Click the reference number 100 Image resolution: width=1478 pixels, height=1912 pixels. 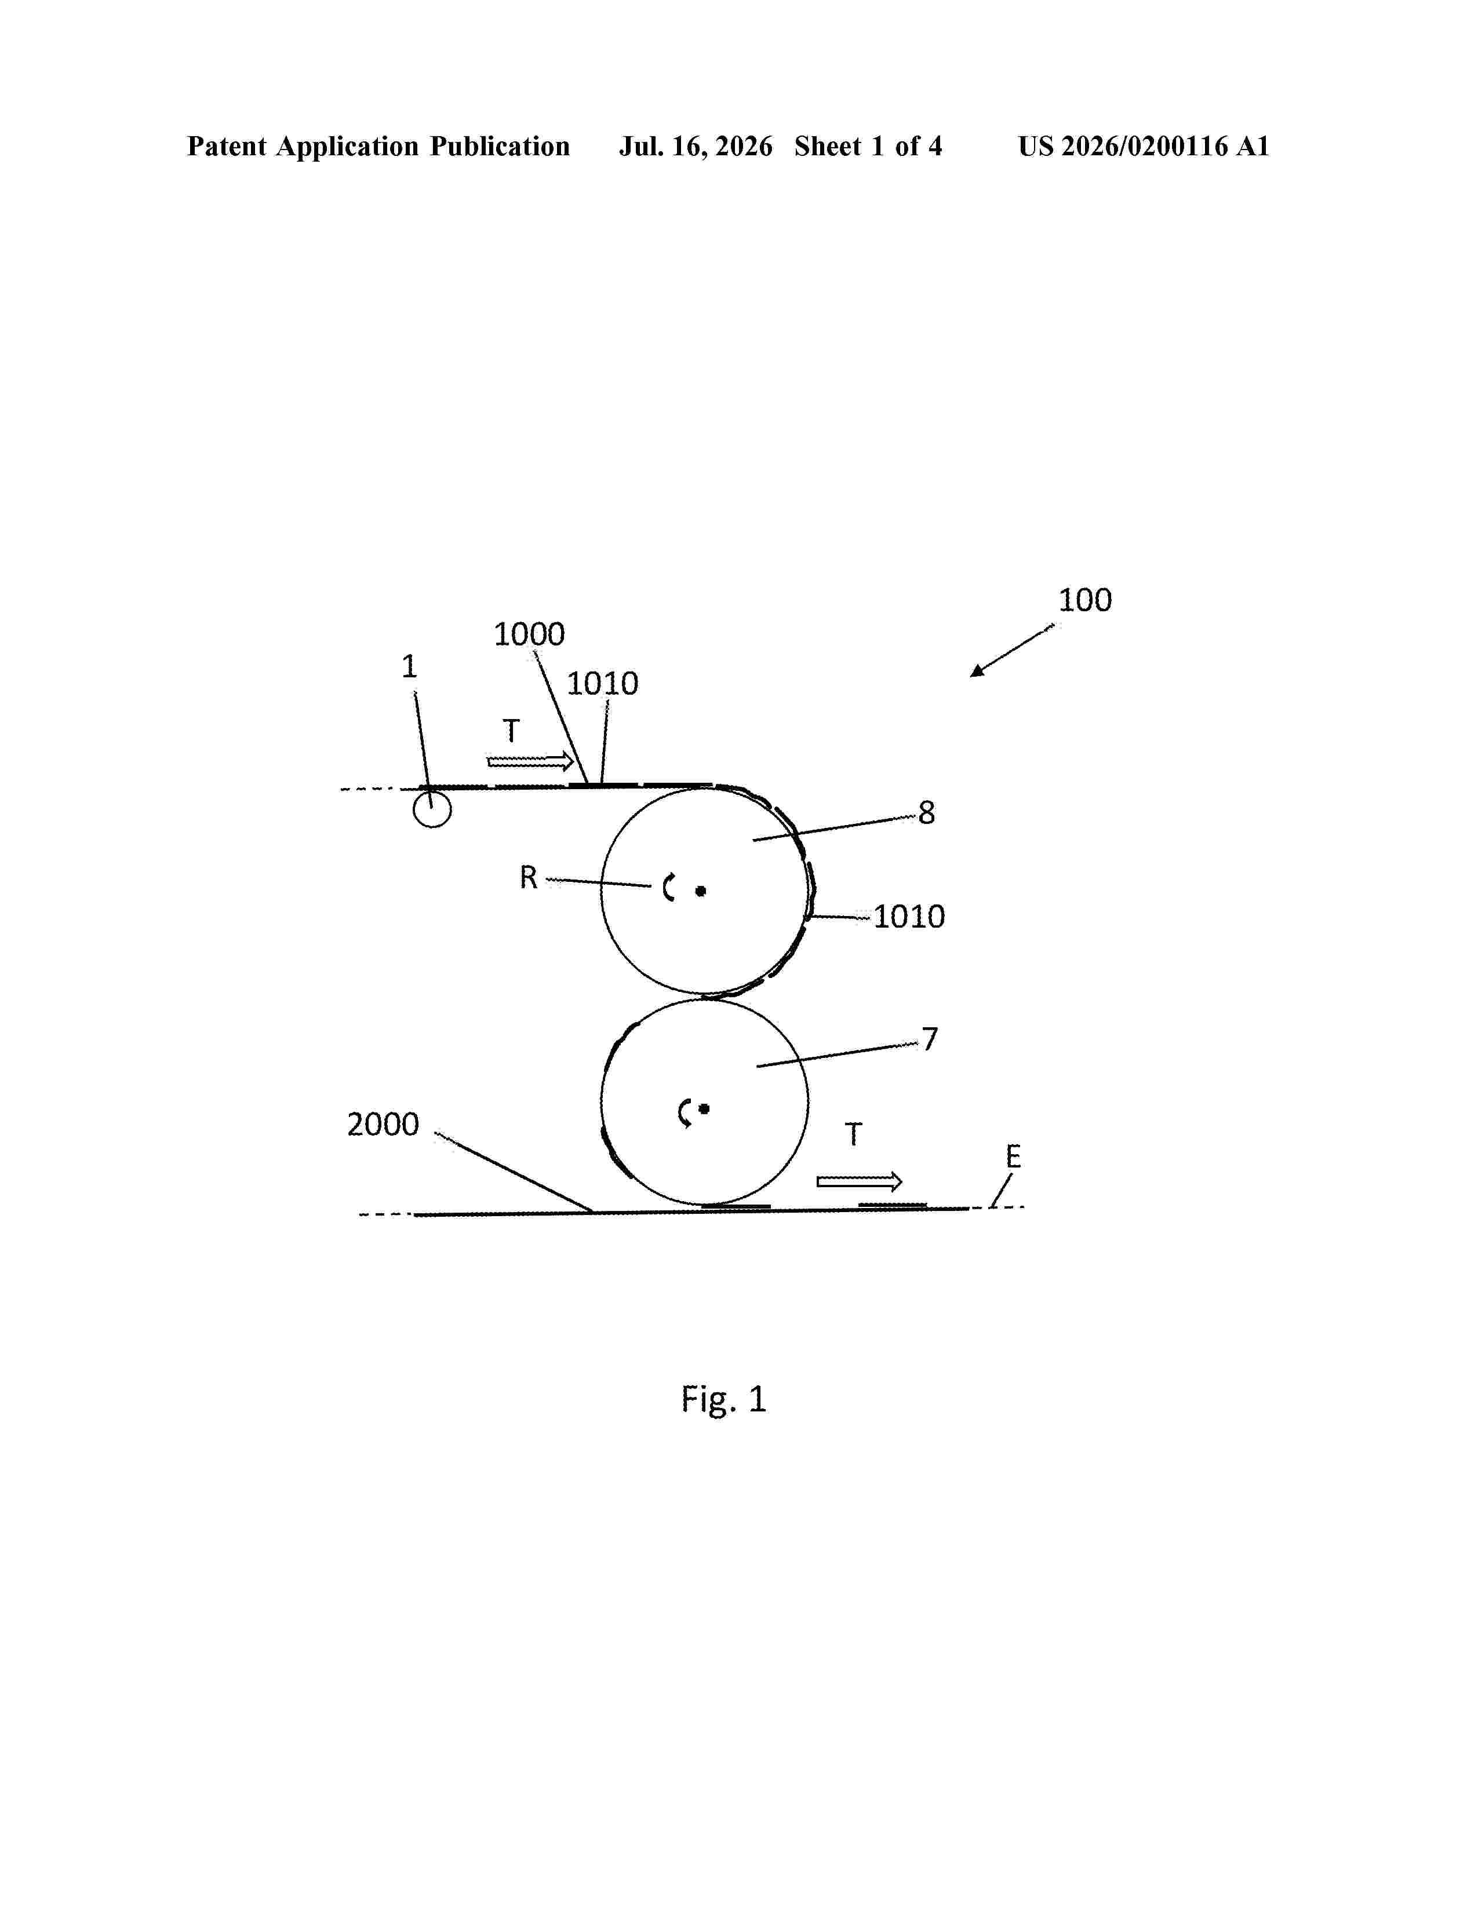point(1085,601)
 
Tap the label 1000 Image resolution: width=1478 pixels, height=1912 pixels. point(529,634)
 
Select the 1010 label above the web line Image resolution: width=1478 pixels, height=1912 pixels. point(602,684)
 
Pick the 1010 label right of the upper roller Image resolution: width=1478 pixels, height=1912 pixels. point(909,917)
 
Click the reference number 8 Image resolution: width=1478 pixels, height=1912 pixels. point(926,812)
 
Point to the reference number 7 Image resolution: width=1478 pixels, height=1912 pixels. point(930,1039)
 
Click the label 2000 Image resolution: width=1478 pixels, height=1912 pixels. point(383,1124)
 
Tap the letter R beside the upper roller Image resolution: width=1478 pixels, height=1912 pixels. point(528,877)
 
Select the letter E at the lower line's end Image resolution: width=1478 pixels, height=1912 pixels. point(1013,1158)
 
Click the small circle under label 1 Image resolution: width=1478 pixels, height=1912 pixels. point(432,809)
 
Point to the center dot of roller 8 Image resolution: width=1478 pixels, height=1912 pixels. point(701,891)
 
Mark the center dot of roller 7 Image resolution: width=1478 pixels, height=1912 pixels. point(704,1109)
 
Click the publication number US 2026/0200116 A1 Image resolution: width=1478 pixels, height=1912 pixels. point(1144,146)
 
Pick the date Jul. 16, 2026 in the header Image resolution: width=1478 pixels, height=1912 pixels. point(696,146)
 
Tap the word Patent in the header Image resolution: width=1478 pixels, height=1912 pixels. point(227,146)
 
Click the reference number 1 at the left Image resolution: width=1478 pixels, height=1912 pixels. point(409,667)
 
